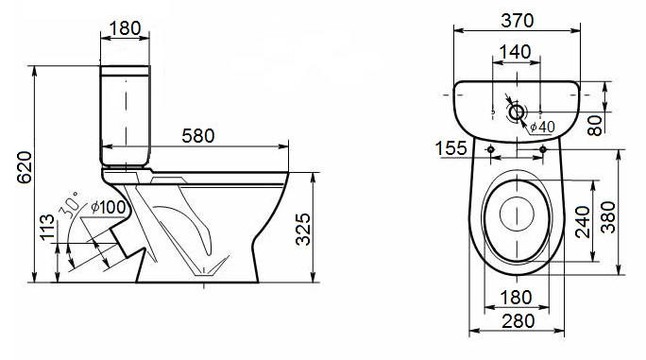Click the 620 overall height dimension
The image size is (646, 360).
coord(25,167)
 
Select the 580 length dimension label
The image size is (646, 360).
coord(198,136)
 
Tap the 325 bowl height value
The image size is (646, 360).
coord(303,230)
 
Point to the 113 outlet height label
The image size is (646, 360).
coord(47,227)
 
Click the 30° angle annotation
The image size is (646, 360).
coord(69,205)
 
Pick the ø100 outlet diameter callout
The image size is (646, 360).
coord(108,207)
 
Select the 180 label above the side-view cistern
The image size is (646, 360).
coord(125,28)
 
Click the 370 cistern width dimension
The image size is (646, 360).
coord(517,21)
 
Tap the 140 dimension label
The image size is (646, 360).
coord(515,52)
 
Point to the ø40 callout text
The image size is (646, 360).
coord(542,127)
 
